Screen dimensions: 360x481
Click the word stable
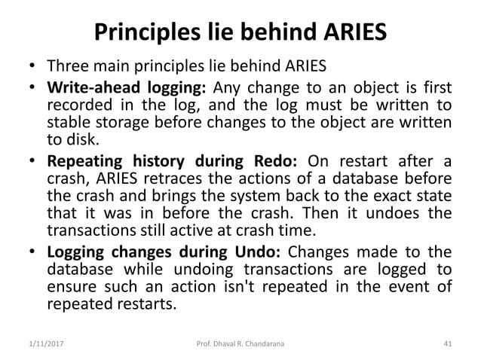[66, 123]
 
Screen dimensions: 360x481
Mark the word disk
[78, 140]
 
